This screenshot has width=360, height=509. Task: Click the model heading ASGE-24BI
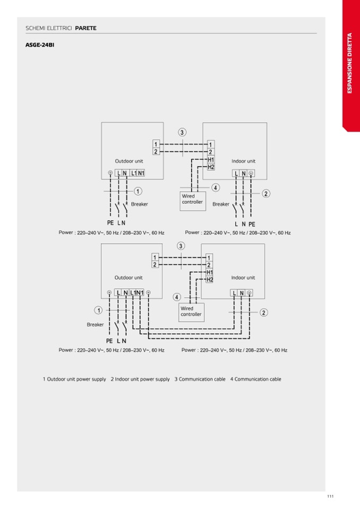click(x=40, y=45)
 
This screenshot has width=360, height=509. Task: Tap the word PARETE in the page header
click(x=85, y=28)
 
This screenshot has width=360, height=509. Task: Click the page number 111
click(x=330, y=496)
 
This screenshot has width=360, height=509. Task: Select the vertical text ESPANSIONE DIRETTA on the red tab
click(x=349, y=63)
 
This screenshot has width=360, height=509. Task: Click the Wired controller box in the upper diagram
click(x=193, y=201)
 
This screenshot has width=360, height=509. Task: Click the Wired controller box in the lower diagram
click(x=192, y=312)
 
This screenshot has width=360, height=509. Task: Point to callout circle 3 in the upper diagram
click(x=182, y=132)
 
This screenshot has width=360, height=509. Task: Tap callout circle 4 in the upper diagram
click(x=216, y=188)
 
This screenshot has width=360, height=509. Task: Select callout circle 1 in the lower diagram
click(x=98, y=310)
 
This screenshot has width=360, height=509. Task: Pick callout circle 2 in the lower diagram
click(x=263, y=313)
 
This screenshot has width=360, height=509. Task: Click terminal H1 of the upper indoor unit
click(x=211, y=160)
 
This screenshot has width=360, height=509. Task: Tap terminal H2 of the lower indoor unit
click(x=210, y=280)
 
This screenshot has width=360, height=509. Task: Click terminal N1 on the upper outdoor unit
click(x=141, y=174)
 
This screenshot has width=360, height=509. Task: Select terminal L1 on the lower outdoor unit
click(x=133, y=293)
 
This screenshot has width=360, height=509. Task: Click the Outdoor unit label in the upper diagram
click(x=129, y=161)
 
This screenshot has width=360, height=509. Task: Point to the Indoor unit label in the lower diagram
click(x=243, y=278)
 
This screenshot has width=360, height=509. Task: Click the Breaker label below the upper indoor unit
click(x=221, y=204)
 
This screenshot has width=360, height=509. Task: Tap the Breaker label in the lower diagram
click(x=95, y=325)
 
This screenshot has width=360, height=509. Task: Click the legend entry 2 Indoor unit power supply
click(x=140, y=379)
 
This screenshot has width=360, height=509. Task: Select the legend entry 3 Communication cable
click(x=200, y=379)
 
